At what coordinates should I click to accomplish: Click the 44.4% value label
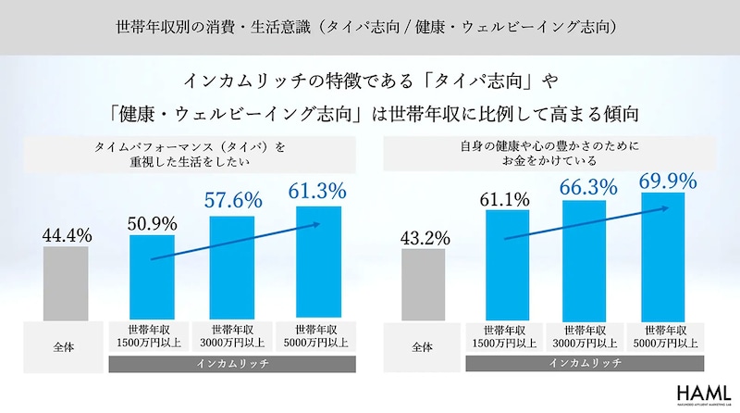(x=67, y=236)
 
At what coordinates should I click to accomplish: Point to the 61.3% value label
(x=316, y=192)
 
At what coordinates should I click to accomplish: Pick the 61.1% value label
(x=506, y=197)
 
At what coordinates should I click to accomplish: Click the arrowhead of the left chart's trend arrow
(x=318, y=224)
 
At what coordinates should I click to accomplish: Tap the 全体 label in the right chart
(x=422, y=347)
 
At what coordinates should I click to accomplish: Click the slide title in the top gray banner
(x=370, y=24)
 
